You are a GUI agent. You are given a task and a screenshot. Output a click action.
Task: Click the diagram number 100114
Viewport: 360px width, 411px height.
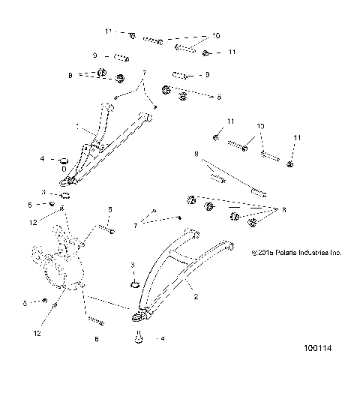(317, 369)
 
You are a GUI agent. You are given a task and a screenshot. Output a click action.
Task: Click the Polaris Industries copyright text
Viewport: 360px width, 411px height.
(296, 253)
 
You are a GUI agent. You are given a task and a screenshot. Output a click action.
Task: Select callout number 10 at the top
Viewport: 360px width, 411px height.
(216, 35)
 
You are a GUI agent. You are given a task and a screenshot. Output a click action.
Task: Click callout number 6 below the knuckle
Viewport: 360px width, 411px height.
(95, 338)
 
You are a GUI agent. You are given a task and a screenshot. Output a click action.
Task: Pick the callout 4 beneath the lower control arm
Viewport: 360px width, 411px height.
(163, 339)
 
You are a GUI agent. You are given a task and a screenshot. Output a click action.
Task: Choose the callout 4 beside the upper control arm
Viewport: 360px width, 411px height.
(43, 159)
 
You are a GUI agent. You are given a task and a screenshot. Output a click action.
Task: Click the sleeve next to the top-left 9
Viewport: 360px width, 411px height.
(120, 57)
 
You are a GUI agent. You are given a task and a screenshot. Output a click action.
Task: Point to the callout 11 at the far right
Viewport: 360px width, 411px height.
(297, 139)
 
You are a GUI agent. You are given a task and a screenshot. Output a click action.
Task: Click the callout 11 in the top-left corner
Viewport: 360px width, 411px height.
(108, 31)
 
